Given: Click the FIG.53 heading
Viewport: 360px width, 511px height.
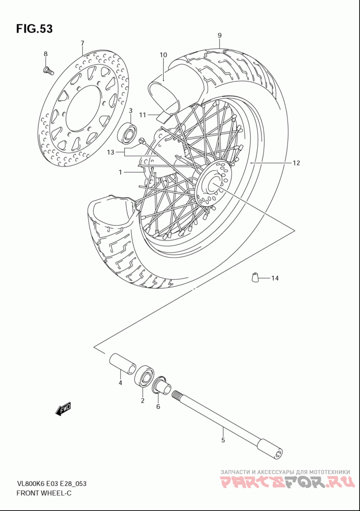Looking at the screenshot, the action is tap(34, 29).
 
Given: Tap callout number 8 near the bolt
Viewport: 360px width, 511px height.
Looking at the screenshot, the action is tap(45, 54).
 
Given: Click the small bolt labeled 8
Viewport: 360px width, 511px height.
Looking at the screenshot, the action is tap(48, 70).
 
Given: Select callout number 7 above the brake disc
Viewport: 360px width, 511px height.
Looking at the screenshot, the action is tap(82, 43).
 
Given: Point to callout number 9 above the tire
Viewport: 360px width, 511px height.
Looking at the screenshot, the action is tap(220, 35).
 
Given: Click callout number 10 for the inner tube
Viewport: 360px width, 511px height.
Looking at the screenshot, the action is tap(163, 55).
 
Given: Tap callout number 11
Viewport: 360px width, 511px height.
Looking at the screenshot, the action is tap(142, 115).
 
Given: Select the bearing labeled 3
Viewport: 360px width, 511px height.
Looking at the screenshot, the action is tap(127, 132).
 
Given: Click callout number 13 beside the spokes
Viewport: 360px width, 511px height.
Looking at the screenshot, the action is tap(111, 152).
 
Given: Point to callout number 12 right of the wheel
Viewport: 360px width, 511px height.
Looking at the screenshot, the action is tap(296, 163).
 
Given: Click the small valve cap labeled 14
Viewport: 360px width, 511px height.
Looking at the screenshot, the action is tap(255, 277).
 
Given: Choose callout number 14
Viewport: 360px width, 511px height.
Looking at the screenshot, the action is tap(275, 278).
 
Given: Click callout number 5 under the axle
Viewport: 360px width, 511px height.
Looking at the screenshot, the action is tap(223, 441).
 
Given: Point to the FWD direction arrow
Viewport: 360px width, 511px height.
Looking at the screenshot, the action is tap(63, 409).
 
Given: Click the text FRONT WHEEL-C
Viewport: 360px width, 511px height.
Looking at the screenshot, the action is tap(44, 493).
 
